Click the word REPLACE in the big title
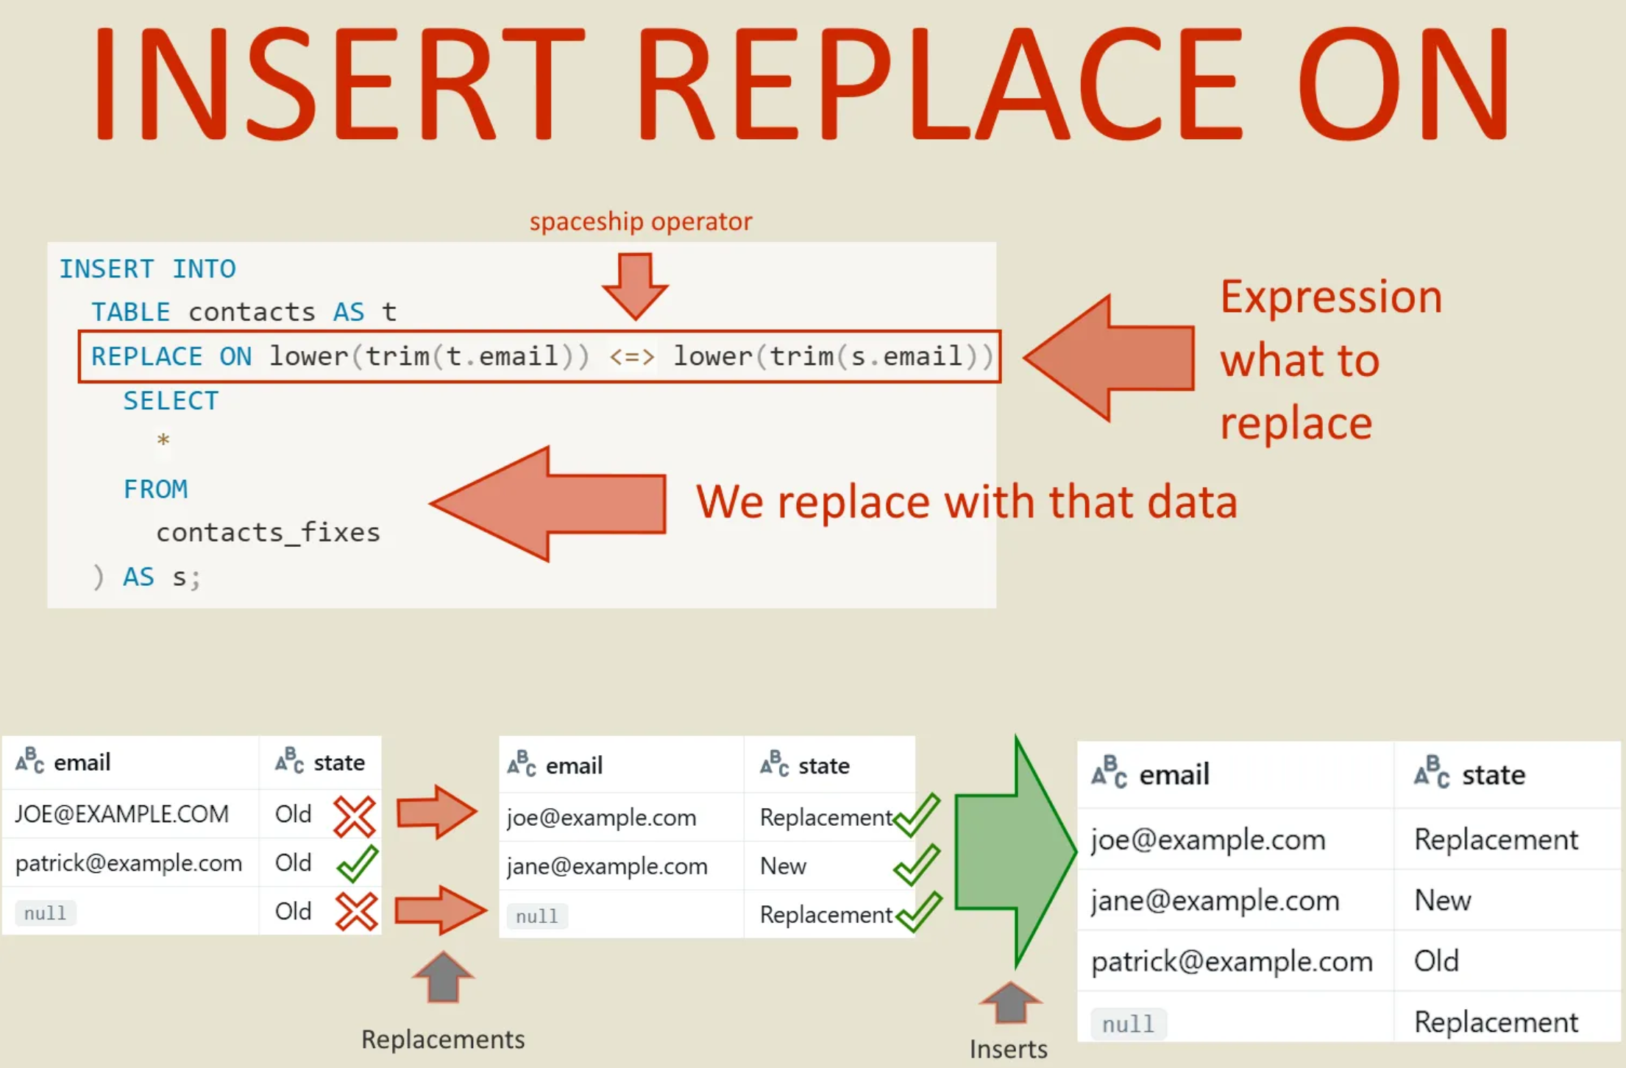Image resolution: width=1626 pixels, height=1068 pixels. (938, 82)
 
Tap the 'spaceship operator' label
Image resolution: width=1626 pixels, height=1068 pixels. (640, 222)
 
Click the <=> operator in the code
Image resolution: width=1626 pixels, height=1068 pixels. (631, 357)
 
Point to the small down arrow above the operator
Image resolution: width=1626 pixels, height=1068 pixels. (635, 286)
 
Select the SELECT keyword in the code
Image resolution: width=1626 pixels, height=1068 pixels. (171, 401)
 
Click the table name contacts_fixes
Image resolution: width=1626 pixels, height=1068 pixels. (268, 532)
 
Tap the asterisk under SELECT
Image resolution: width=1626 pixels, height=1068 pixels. (163, 441)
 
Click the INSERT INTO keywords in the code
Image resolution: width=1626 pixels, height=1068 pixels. (147, 269)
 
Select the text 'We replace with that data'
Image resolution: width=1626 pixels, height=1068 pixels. (966, 503)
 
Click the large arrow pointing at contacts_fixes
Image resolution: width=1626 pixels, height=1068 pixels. (548, 503)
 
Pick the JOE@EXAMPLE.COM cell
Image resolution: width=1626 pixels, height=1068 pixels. (121, 814)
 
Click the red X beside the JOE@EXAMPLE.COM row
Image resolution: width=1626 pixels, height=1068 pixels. (355, 816)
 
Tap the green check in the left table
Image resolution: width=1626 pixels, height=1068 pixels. (358, 863)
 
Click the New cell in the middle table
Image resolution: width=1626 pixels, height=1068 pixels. (783, 866)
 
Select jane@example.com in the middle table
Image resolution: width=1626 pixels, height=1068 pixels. (607, 866)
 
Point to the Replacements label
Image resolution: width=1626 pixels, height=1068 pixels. (443, 1039)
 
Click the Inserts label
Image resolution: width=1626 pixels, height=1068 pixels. (1008, 1049)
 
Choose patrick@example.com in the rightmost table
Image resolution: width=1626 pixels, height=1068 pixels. (1232, 961)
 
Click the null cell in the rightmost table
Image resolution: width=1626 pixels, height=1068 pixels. (1128, 1024)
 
